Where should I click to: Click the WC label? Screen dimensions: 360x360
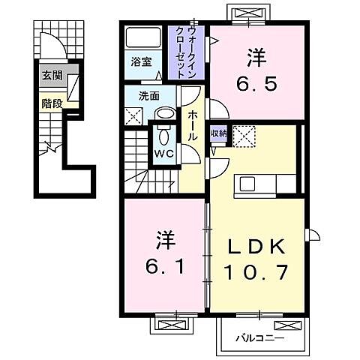tap(164, 154)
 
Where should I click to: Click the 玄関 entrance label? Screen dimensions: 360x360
tap(51, 75)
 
